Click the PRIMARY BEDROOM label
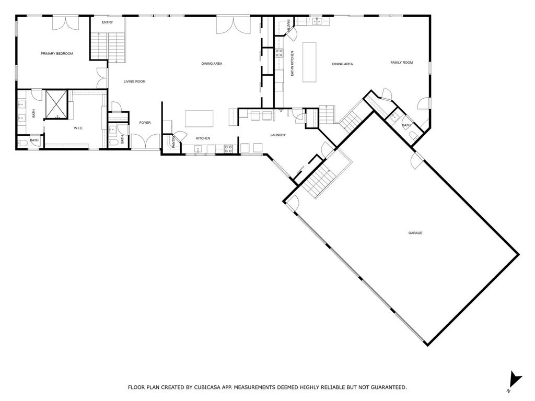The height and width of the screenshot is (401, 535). point(57,53)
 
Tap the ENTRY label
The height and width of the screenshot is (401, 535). point(107,22)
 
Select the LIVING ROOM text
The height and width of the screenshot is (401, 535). point(134,81)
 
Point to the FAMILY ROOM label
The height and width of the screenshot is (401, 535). point(401,63)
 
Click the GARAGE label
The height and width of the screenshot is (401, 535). point(415,233)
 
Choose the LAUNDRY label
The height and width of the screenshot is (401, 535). point(278,135)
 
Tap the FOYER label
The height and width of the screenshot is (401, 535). point(145,123)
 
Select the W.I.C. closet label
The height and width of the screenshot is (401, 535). point(78,128)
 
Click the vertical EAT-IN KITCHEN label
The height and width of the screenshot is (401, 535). point(293,64)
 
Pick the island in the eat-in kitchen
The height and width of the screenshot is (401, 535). point(309,62)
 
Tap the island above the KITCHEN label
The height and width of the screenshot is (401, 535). point(199,119)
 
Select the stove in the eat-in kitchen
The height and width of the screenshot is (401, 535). point(279,53)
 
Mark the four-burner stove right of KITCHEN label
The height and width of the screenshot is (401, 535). point(228,149)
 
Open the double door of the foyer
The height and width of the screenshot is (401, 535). point(145,141)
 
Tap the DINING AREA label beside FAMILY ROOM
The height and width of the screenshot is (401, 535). point(342,64)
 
